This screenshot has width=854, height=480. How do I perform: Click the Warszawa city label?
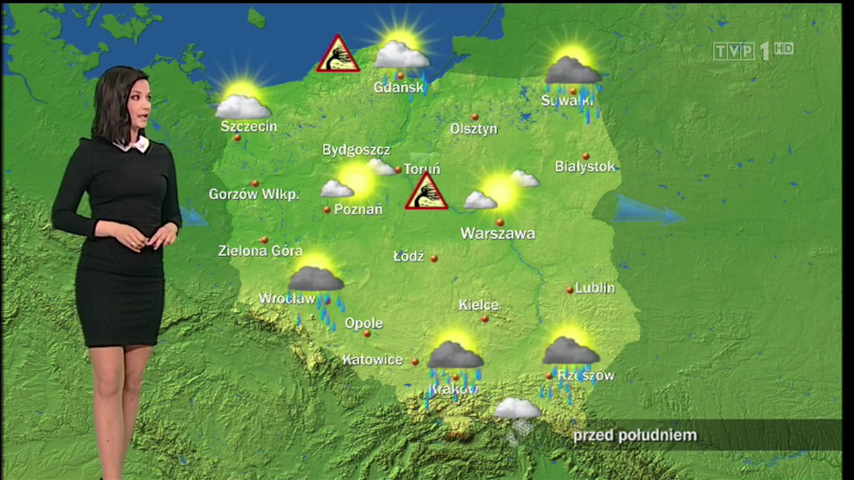coord(498,234)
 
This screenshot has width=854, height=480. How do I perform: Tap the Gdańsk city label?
coord(398,87)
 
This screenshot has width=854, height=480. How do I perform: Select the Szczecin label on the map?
coord(248,126)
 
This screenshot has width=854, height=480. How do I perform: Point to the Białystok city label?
coord(585,167)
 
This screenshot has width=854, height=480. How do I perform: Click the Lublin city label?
coord(594,288)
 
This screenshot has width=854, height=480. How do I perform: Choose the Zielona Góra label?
coord(260,251)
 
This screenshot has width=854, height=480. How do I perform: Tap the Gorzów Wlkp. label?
coord(254,195)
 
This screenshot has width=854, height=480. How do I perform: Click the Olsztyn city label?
coord(474,129)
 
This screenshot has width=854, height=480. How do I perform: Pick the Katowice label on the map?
coord(372,360)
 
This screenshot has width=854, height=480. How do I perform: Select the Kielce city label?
coord(478,305)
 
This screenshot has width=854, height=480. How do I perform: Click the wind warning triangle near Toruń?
coord(426,193)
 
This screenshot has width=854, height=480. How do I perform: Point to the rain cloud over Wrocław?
coord(316,280)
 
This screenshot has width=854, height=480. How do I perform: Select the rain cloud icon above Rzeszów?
coord(570,351)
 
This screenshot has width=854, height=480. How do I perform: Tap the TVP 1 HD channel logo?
coord(753,51)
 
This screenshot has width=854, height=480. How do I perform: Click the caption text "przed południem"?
coord(634,436)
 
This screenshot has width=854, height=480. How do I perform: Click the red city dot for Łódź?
coord(434,258)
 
